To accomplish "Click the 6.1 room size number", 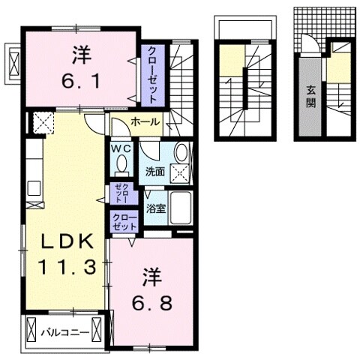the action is [x=82, y=82].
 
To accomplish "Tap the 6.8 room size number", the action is [x=152, y=303].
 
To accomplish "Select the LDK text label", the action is [x=67, y=242].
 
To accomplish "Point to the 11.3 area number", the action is [x=67, y=267].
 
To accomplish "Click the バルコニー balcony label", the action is [x=65, y=332].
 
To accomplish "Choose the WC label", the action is [x=121, y=149].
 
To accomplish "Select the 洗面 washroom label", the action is [x=155, y=172].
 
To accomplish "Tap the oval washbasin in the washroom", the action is [x=181, y=152].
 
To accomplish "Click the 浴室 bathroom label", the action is [x=156, y=208].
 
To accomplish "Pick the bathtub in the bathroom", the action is [x=181, y=208].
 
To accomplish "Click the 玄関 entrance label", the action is [x=311, y=96].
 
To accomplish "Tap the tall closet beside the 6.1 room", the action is [x=153, y=76].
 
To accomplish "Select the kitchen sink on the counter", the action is [x=34, y=188].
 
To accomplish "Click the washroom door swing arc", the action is [x=148, y=152].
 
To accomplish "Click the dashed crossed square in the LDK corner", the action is [x=43, y=123].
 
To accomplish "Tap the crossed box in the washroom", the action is [x=180, y=174].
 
